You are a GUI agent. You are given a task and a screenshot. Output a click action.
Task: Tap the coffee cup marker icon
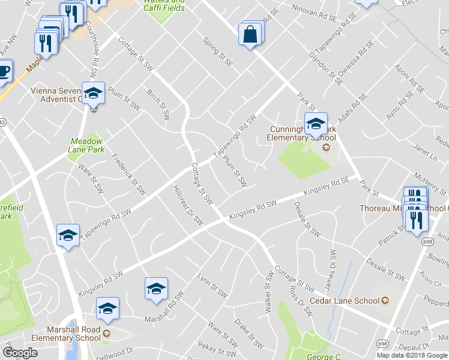3,71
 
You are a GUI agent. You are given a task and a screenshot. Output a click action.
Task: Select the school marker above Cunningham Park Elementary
315,124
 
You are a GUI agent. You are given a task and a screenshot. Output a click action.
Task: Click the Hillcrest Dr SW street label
188,205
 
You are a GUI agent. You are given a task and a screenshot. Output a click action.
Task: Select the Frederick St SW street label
129,175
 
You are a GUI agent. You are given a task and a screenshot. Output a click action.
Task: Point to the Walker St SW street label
268,292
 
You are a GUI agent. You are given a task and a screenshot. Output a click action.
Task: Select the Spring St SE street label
218,52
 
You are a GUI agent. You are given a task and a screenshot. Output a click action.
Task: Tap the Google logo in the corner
20,353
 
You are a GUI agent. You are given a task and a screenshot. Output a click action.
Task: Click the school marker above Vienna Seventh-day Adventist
93,93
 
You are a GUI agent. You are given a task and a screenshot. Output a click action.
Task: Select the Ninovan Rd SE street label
313,10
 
